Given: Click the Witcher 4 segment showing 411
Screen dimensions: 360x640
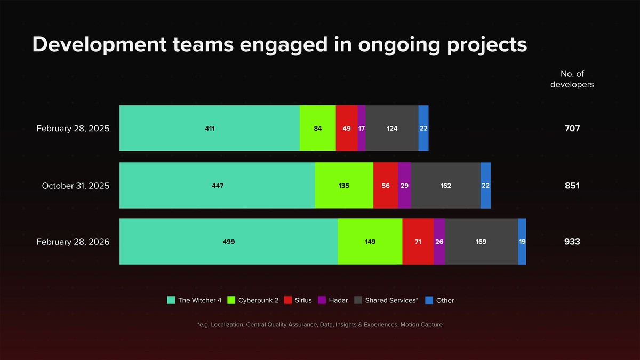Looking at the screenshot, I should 210,128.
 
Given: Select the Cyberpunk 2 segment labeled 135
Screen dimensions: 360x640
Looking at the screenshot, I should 344,186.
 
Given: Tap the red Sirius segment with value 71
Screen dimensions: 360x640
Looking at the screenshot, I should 418,242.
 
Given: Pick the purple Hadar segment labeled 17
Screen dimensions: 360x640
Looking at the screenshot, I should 362,128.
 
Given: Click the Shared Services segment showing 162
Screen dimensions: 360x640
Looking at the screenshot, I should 446,186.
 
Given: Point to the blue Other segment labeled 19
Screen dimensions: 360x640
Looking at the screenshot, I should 522,242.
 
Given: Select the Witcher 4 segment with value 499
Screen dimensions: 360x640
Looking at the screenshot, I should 229,242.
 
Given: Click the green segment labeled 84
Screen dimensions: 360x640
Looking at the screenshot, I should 318,128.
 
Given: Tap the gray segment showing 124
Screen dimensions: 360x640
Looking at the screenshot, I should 392,128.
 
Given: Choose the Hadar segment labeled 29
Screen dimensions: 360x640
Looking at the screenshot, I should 404,186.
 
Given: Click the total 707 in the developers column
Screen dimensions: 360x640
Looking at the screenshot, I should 572,129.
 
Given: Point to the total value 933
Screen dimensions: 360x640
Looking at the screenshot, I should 572,242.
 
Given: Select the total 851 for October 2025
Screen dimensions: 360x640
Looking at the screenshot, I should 572,186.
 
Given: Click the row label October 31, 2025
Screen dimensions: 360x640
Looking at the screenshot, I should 76,186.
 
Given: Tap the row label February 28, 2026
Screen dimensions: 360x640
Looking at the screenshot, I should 73,242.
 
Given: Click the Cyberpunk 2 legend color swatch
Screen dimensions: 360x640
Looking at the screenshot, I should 231,300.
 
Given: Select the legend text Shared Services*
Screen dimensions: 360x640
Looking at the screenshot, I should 391,300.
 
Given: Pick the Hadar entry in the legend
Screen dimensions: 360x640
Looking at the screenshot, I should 338,300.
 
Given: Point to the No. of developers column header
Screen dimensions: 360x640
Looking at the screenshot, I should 572,79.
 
